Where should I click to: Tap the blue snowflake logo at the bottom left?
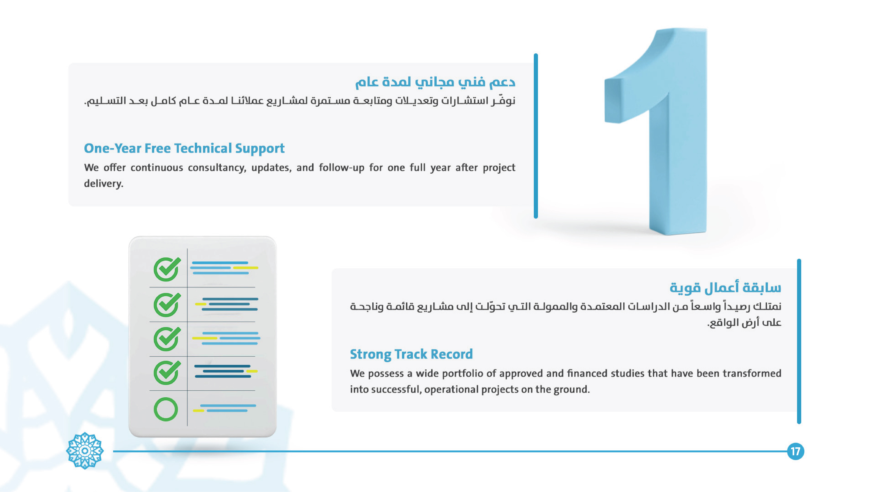click(x=85, y=451)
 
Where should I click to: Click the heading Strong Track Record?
click(x=411, y=354)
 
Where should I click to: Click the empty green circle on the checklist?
click(x=166, y=409)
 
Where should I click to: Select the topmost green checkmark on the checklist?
click(x=167, y=269)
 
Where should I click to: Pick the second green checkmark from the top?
click(x=167, y=305)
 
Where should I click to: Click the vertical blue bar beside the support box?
click(x=536, y=136)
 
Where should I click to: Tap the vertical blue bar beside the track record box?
click(x=799, y=341)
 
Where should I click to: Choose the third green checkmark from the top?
click(x=167, y=339)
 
